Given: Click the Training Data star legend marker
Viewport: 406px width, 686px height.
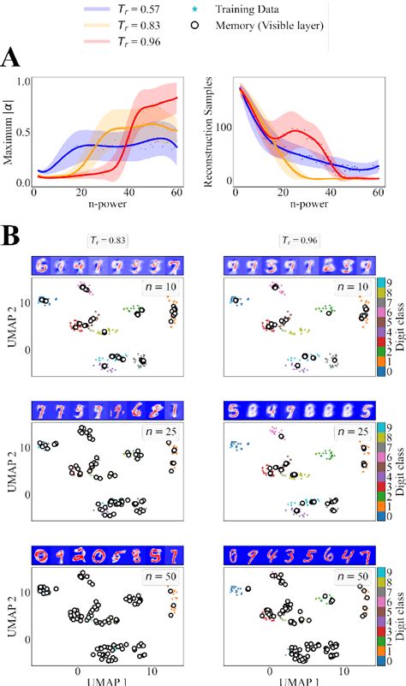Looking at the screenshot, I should click(195, 10).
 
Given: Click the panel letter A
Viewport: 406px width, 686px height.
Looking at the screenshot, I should click(12, 59).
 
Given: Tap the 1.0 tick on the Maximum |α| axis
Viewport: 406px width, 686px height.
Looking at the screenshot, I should click(22, 81).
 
